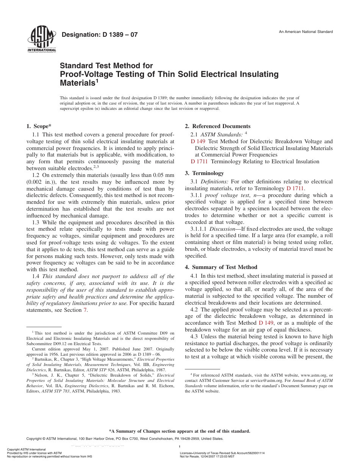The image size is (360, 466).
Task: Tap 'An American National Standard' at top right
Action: click(x=306, y=32)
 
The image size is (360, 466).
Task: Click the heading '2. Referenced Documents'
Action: click(x=218, y=126)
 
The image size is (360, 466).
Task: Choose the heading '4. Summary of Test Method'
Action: click(x=221, y=267)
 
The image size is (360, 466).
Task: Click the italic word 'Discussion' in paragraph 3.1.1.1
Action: click(x=222, y=229)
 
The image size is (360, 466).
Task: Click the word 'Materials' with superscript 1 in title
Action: click(x=78, y=83)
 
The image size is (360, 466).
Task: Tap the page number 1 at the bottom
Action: click(x=179, y=447)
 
